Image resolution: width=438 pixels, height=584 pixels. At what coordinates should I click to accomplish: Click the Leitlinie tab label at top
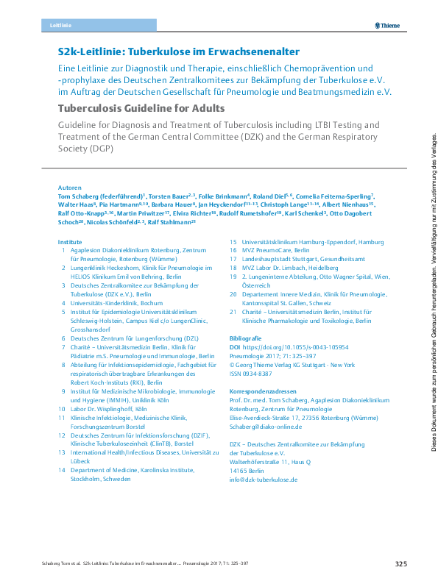(60, 25)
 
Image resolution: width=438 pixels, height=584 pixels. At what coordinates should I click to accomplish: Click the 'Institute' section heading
(71, 242)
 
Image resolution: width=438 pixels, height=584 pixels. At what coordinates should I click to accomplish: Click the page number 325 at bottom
(400, 564)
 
